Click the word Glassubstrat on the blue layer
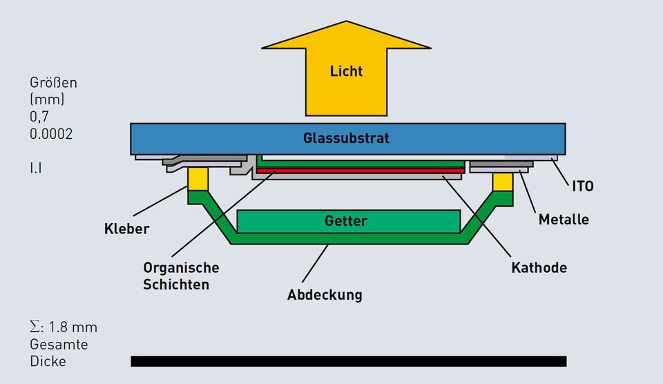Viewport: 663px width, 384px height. [x=346, y=138]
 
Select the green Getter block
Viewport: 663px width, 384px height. [x=348, y=221]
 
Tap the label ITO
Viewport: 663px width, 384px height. [x=583, y=186]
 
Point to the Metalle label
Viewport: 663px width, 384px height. [x=564, y=220]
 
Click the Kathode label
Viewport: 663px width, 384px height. [x=539, y=267]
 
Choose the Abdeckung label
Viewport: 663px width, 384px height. [x=325, y=295]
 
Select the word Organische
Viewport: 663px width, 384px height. [x=181, y=267]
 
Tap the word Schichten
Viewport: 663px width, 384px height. [x=176, y=284]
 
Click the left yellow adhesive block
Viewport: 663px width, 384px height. [x=198, y=179]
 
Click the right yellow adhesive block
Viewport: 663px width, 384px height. [x=503, y=182]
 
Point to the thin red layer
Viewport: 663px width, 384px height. [x=359, y=170]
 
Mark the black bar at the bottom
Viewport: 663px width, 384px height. [x=348, y=361]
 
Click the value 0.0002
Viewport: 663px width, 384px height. [x=51, y=134]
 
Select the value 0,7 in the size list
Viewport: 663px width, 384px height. [x=39, y=117]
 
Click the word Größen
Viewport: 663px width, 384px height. [x=53, y=83]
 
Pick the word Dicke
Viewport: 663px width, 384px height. [x=48, y=361]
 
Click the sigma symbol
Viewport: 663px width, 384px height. [x=35, y=327]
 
